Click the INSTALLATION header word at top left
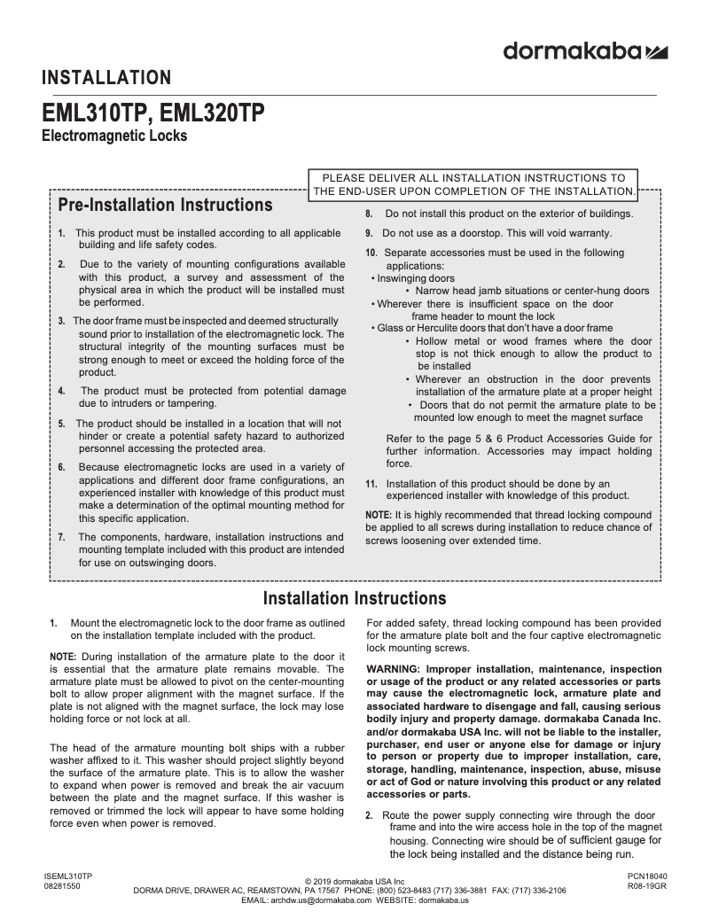(x=106, y=78)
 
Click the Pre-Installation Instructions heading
(x=165, y=205)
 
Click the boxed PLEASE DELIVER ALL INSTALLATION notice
(x=473, y=184)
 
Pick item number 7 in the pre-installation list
(x=61, y=537)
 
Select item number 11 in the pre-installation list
(x=371, y=484)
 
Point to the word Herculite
(x=441, y=328)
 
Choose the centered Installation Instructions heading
(x=355, y=598)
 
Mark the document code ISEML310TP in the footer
(x=68, y=876)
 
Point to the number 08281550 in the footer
(x=62, y=885)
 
